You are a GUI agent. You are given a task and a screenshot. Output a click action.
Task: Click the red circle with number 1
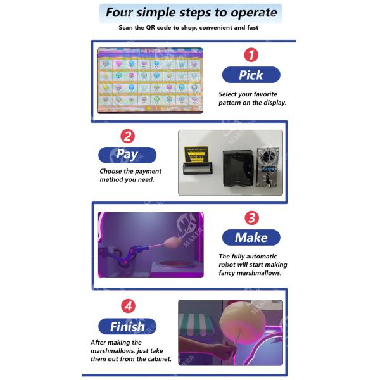tap(251, 54)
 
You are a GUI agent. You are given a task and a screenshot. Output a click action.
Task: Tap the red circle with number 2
tap(128, 136)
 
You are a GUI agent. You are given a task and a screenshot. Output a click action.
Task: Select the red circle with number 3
tap(251, 218)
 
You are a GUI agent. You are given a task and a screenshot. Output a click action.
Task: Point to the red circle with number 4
tap(128, 306)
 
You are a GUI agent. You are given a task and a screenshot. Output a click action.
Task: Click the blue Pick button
tap(251, 75)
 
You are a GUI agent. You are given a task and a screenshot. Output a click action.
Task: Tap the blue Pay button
tap(127, 155)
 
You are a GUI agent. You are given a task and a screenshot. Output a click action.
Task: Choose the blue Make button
tap(251, 237)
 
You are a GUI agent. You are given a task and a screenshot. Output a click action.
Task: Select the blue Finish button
tap(127, 326)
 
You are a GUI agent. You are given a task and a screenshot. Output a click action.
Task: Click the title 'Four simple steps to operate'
tap(191, 13)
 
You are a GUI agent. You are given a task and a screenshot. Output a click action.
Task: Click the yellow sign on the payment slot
tap(196, 154)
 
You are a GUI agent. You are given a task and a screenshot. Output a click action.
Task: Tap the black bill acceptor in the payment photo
tap(237, 168)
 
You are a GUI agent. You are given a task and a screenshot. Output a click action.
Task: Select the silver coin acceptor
tap(267, 167)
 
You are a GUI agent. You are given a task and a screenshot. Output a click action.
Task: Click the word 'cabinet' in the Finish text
tap(160, 358)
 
